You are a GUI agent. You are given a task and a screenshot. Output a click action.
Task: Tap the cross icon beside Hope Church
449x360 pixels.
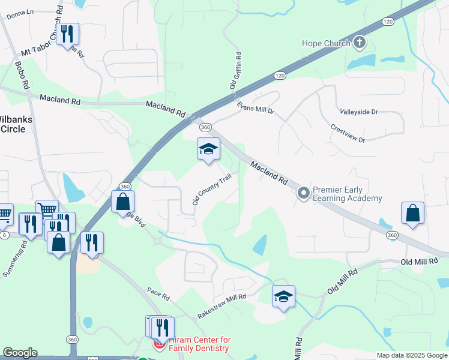(x=359, y=42)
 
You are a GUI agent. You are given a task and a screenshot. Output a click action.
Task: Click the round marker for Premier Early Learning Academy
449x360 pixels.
(x=304, y=193)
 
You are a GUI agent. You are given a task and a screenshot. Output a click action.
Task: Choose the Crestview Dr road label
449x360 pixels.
(x=348, y=134)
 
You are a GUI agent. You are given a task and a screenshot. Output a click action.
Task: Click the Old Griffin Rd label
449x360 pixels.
(x=236, y=71)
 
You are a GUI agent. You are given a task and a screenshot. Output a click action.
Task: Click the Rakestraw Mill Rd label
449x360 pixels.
(x=222, y=306)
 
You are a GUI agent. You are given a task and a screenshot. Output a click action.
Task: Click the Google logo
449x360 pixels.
(x=20, y=353)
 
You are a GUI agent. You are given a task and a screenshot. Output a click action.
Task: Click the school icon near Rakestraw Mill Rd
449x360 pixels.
(x=283, y=296)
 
